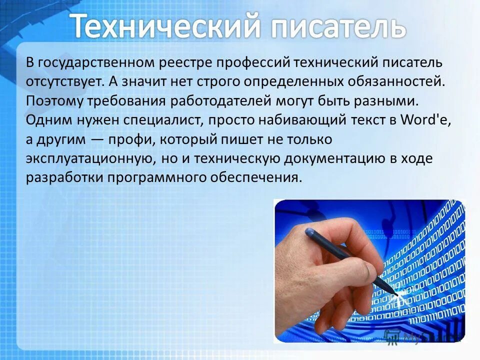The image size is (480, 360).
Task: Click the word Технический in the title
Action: pyautogui.click(x=165, y=26)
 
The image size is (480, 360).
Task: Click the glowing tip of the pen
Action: pyautogui.click(x=398, y=295)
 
